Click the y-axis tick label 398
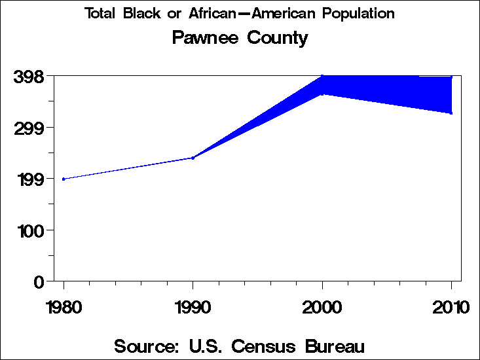tap(28, 77)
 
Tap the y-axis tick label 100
tap(28, 230)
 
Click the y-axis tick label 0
tap(39, 281)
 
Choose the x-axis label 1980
tap(64, 307)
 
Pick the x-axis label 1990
tap(193, 307)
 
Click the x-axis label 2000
tap(322, 307)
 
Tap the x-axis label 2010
tap(451, 307)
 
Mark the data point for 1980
tap(64, 179)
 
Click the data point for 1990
tap(193, 158)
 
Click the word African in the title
tap(213, 14)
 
